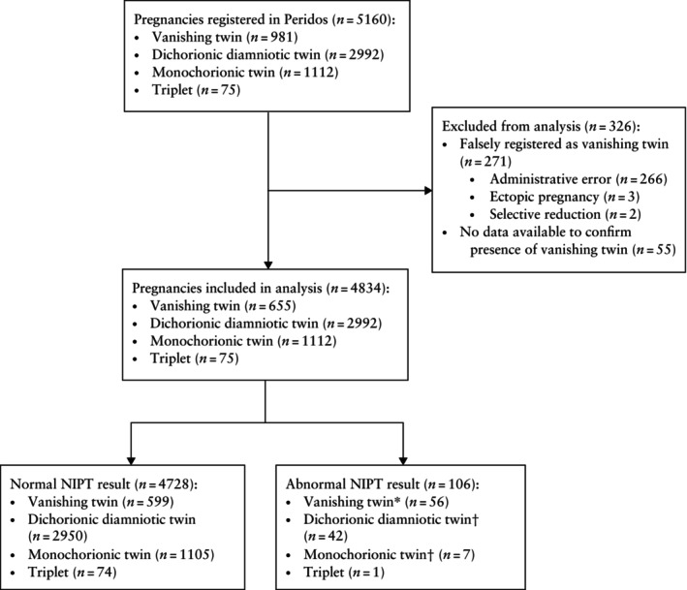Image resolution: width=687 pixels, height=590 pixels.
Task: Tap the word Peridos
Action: click(x=306, y=19)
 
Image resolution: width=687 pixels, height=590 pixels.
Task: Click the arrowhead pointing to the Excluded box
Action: click(x=428, y=191)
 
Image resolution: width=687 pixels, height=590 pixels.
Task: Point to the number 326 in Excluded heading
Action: click(x=618, y=127)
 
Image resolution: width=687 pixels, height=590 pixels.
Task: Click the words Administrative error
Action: click(x=550, y=179)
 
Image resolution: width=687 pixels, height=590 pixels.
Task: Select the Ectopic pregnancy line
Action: click(x=564, y=197)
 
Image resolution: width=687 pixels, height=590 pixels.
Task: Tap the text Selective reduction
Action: click(x=545, y=214)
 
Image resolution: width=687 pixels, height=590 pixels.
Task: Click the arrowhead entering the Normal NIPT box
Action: click(x=131, y=461)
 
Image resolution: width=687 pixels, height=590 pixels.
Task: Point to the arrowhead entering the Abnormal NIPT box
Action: click(x=403, y=461)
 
